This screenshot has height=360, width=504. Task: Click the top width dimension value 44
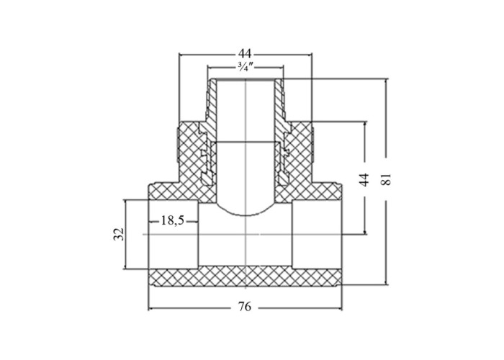(245, 53)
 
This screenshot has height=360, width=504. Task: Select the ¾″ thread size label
(246, 67)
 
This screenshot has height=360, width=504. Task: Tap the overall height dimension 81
(386, 179)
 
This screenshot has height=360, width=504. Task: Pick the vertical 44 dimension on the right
(364, 180)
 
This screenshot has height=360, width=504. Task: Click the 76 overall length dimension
(245, 307)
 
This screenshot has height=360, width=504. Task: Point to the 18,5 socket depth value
(173, 220)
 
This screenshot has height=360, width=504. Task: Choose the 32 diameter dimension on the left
(119, 234)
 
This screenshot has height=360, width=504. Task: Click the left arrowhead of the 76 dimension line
(150, 309)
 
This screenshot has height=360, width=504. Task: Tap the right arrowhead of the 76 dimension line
(340, 309)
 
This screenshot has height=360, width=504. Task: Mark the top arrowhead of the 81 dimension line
(387, 81)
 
